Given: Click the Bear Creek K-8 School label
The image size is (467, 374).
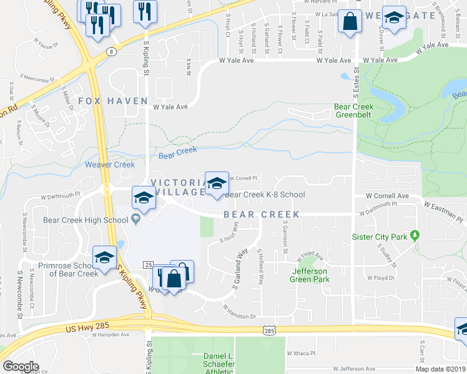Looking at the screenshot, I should click(265, 194).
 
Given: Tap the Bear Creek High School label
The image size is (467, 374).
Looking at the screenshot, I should click(85, 219).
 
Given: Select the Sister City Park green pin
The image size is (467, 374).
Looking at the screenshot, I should click(415, 236).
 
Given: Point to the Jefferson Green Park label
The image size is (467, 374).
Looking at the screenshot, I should click(310, 276).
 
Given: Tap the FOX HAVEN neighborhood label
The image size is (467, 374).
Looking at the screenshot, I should click(113, 101).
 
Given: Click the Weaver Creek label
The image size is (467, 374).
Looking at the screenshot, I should click(109, 165).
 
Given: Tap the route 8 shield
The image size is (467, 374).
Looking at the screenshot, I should click(111, 52).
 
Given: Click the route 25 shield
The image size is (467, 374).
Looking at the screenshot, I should click(148, 265).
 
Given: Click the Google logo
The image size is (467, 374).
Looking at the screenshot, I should click(21, 367).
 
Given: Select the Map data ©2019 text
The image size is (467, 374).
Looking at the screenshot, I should click(441, 369).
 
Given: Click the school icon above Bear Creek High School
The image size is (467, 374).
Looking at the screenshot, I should click(143, 198).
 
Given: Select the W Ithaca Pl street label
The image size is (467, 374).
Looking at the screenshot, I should click(302, 353).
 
